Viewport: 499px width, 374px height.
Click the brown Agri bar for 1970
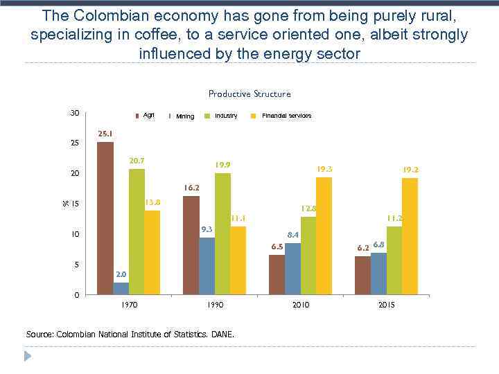pyautogui.click(x=105, y=218)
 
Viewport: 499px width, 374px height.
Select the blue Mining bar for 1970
pyautogui.click(x=121, y=288)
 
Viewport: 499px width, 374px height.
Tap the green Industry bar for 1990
pyautogui.click(x=222, y=233)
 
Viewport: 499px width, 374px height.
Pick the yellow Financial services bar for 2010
pyautogui.click(x=324, y=235)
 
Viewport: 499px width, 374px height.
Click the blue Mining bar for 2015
pyautogui.click(x=378, y=274)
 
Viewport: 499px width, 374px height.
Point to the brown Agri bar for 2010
pyautogui.click(x=277, y=274)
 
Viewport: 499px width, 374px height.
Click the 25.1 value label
pyautogui.click(x=105, y=134)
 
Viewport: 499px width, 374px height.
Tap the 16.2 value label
pyautogui.click(x=191, y=188)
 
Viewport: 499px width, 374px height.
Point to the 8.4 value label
pyautogui.click(x=292, y=235)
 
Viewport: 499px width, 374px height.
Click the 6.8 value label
pyautogui.click(x=378, y=244)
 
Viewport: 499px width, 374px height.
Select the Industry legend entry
pyautogui.click(x=225, y=116)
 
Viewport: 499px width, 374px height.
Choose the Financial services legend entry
pyautogui.click(x=286, y=116)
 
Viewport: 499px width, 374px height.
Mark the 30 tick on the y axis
pyautogui.click(x=73, y=113)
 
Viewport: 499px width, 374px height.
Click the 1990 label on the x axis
pyautogui.click(x=215, y=305)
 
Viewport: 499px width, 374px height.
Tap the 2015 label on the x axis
pyautogui.click(x=386, y=305)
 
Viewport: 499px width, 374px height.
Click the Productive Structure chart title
pyautogui.click(x=249, y=93)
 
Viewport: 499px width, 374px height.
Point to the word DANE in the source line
pyautogui.click(x=222, y=335)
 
